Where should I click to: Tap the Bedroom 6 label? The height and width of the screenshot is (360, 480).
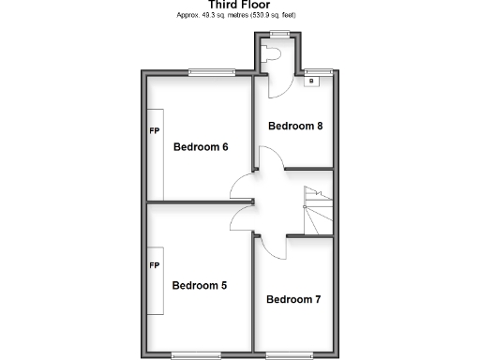click(201, 146)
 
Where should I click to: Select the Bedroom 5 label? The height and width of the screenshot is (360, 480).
click(199, 285)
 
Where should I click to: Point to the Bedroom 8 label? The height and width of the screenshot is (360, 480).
click(295, 126)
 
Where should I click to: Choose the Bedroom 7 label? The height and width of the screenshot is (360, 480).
click(293, 300)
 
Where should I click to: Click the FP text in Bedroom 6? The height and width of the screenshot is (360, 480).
click(154, 129)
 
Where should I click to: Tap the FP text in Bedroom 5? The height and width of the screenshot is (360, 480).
click(154, 266)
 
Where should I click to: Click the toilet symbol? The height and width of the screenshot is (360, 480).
click(274, 55)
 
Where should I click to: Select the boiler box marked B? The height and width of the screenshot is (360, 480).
click(310, 82)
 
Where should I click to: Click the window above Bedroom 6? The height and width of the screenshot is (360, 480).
click(211, 72)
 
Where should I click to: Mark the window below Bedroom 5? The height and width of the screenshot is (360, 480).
click(196, 353)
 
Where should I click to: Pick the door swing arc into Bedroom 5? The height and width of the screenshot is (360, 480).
click(242, 217)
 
